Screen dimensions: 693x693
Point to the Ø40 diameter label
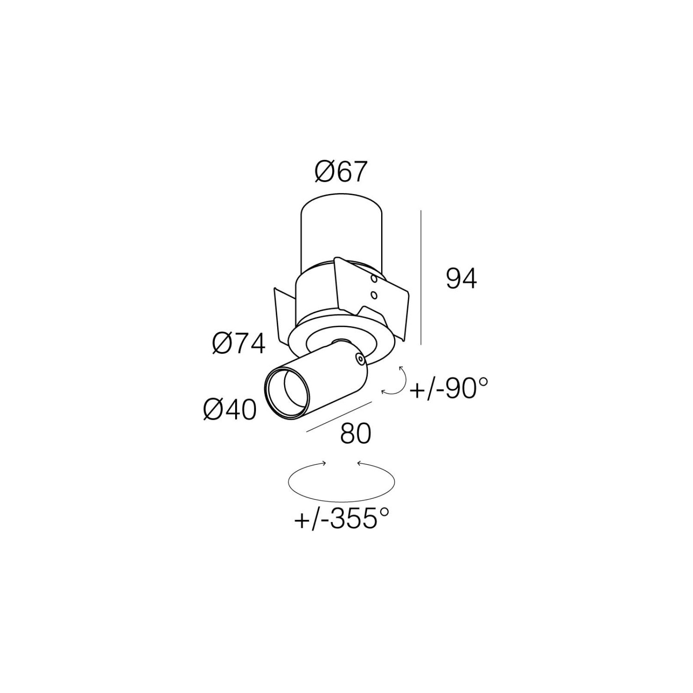(230, 409)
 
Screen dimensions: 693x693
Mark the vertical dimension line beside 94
(421, 277)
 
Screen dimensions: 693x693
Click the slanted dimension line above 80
(339, 417)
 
